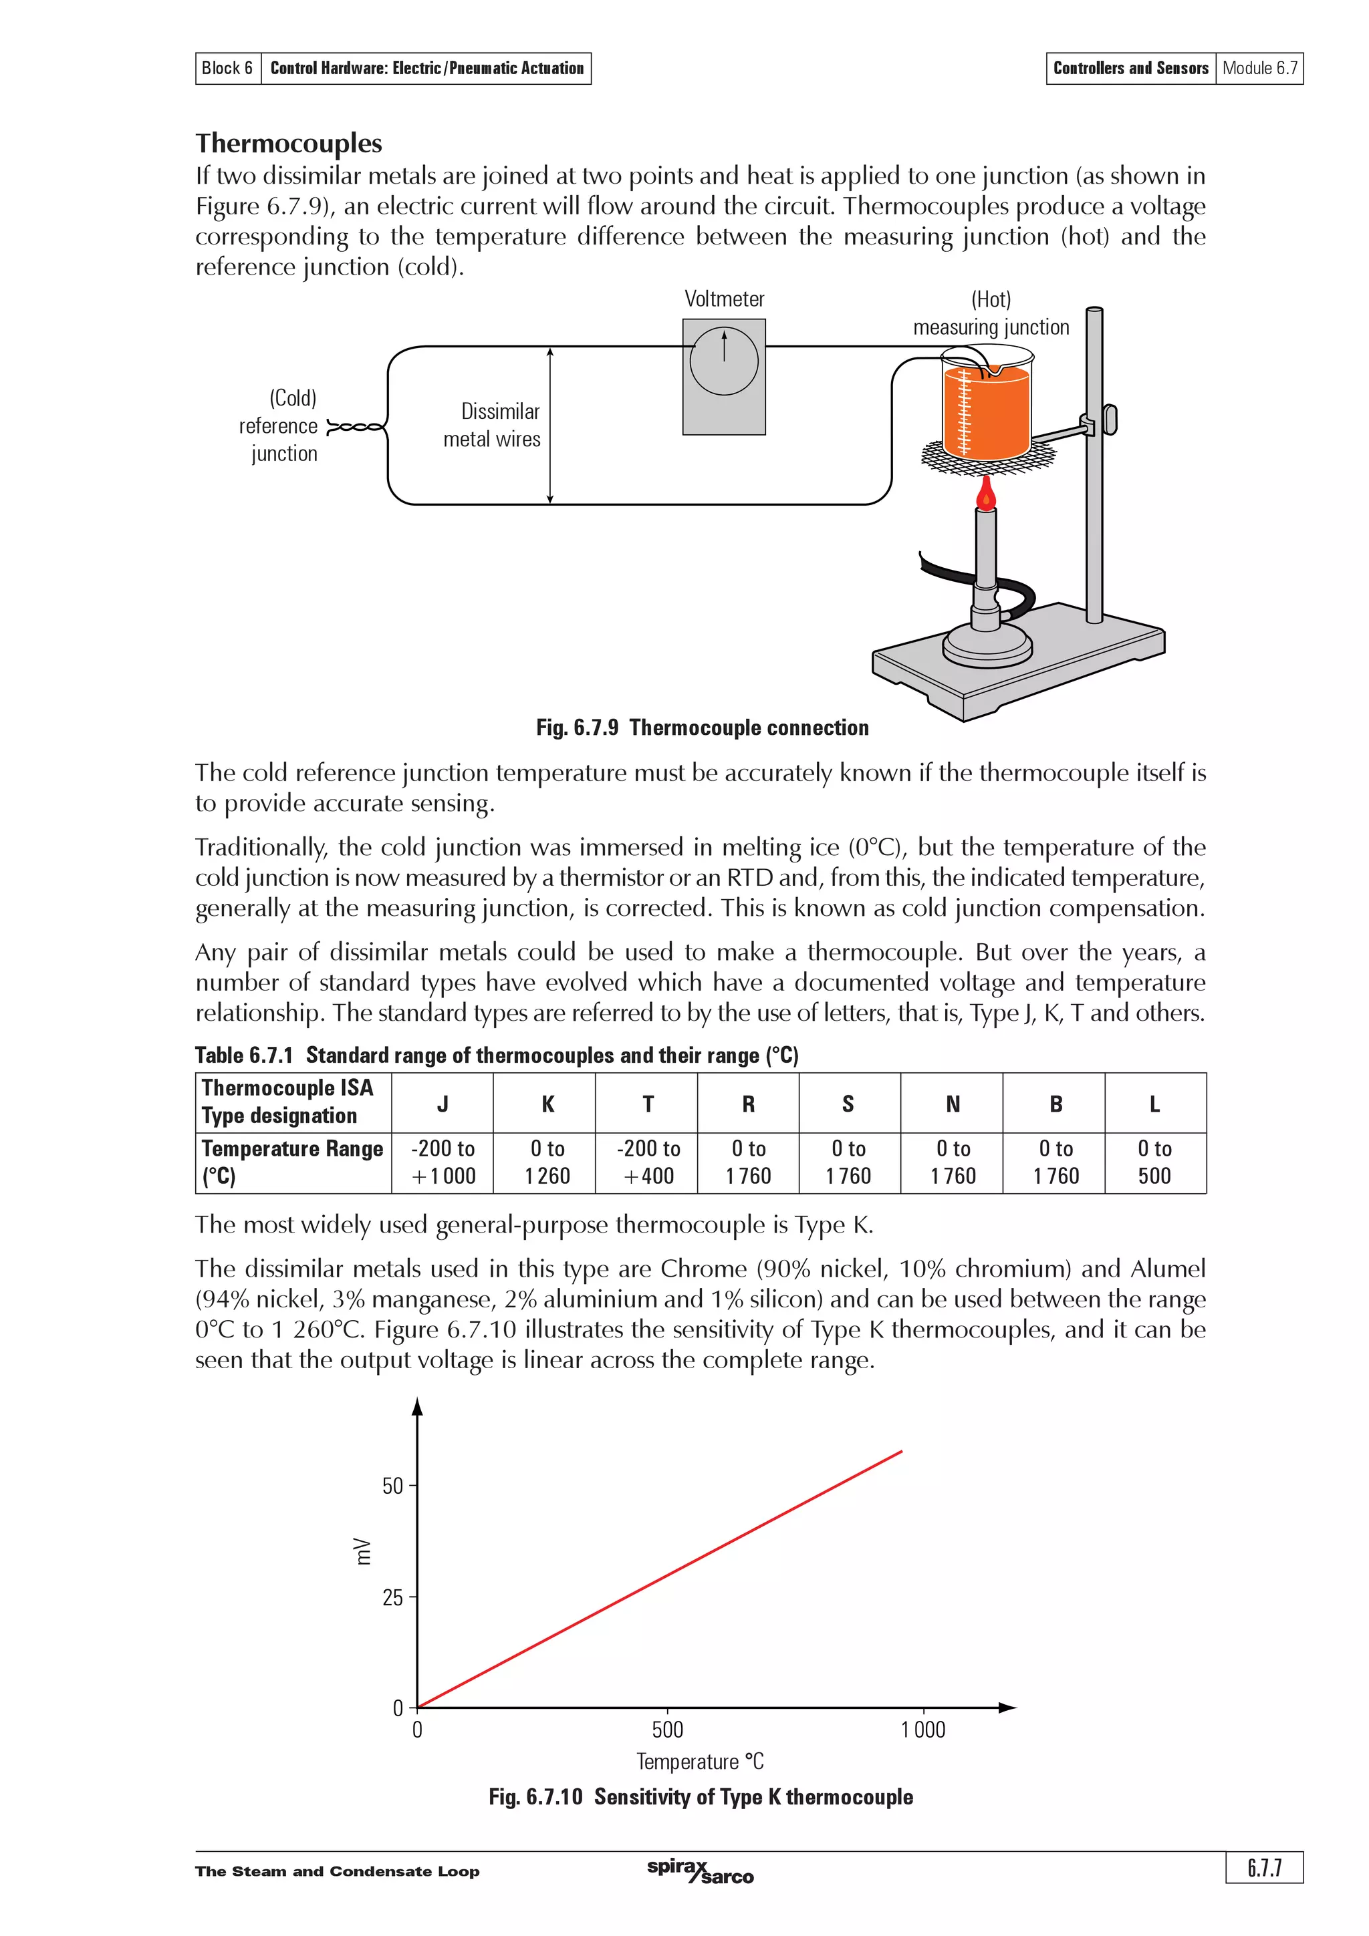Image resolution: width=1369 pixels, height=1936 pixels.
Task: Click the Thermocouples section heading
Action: tap(289, 144)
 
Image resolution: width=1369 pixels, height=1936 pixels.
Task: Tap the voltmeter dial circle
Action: tap(724, 361)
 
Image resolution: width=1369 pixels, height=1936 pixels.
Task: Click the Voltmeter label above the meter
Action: tap(724, 299)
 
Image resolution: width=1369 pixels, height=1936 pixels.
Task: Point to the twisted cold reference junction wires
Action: tap(354, 428)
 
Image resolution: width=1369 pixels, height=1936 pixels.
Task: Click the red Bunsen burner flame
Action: tap(985, 495)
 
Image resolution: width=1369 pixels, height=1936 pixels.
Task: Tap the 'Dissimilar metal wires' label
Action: tap(493, 425)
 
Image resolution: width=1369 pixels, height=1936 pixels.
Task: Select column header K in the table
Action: tap(547, 1104)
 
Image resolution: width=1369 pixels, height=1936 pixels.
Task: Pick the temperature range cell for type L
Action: tap(1154, 1162)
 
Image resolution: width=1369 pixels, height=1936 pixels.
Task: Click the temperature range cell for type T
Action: tap(647, 1162)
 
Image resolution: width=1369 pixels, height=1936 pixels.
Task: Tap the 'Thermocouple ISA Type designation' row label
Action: tap(287, 1101)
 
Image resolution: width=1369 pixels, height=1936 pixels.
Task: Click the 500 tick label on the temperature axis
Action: tap(667, 1730)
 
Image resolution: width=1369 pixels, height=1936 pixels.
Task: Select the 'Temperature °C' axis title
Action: tap(699, 1762)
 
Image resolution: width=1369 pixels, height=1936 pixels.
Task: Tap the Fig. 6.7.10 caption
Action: tap(700, 1797)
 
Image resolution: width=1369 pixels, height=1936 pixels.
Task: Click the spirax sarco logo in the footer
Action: tap(700, 1871)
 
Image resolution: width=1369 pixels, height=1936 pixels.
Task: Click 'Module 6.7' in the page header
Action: tap(1259, 68)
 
